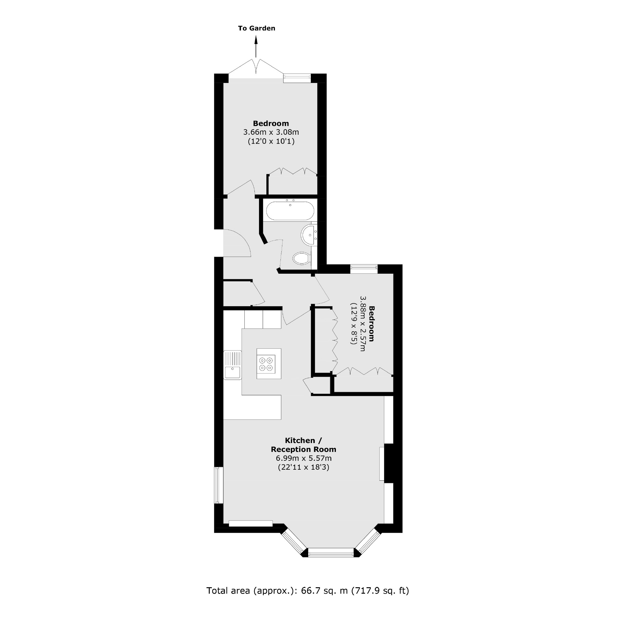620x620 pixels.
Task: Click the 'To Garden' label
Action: click(256, 28)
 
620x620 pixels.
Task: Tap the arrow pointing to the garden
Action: click(256, 47)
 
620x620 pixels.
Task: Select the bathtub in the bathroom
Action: click(290, 211)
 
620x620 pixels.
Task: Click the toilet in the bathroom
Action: click(301, 258)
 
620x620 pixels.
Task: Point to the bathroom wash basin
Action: click(309, 235)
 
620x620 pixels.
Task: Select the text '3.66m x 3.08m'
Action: click(271, 132)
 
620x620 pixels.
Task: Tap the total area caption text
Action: click(307, 591)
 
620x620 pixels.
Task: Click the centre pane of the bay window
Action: click(331, 552)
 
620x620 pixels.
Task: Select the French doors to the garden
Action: click(256, 69)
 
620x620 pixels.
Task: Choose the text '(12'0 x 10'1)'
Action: click(271, 141)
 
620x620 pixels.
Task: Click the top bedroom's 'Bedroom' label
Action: click(271, 123)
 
